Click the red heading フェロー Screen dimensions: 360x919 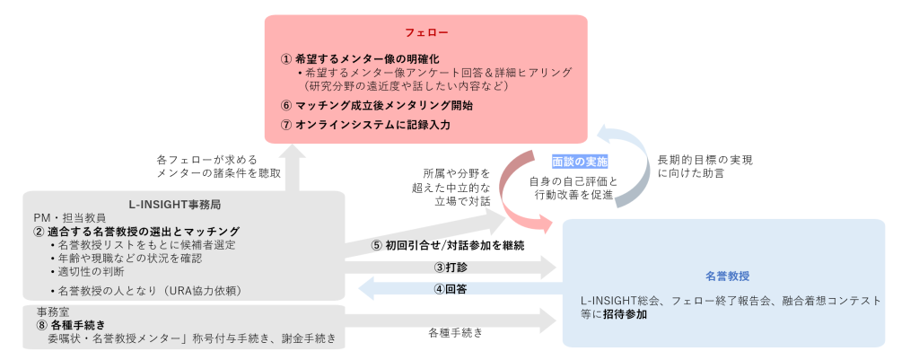point(426,32)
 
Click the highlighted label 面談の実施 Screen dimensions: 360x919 point(580,162)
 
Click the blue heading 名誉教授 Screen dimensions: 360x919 point(723,277)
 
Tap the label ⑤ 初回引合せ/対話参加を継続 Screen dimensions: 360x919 point(447,244)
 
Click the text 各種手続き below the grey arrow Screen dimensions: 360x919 point(456,332)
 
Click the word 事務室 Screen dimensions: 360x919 point(44,312)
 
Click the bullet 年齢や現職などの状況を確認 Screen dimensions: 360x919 point(130,258)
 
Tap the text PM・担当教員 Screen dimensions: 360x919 point(69,217)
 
